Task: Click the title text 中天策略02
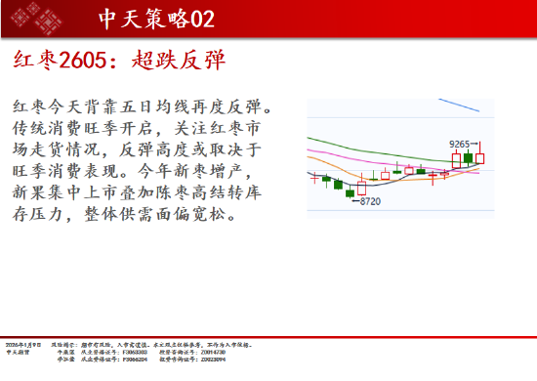click(x=156, y=19)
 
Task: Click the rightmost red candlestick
click(x=479, y=156)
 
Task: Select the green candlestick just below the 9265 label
click(x=469, y=157)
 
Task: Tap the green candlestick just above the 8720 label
click(x=350, y=192)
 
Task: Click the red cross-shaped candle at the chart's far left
click(x=313, y=177)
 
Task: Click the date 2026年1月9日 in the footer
click(x=21, y=345)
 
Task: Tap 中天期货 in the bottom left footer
click(x=17, y=353)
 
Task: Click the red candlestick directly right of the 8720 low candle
click(x=361, y=187)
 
